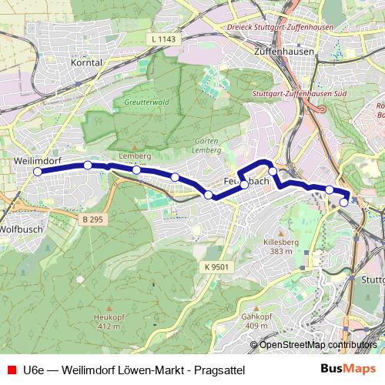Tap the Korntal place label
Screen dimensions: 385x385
[x=85, y=62]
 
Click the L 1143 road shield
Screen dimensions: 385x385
[x=163, y=38]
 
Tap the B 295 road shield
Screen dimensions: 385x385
[x=92, y=219]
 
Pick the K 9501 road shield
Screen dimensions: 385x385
[x=217, y=266]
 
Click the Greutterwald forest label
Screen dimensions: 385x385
[x=145, y=102]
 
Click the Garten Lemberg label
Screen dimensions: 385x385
[x=209, y=146]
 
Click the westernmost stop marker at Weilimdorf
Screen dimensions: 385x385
[x=37, y=172]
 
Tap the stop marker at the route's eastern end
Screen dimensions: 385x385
[x=343, y=203]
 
